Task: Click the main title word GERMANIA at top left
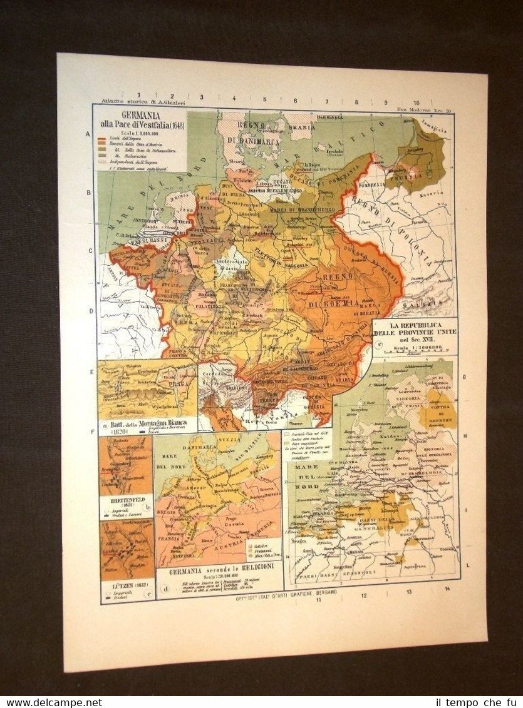[141, 115]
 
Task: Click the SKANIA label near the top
[302, 126]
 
